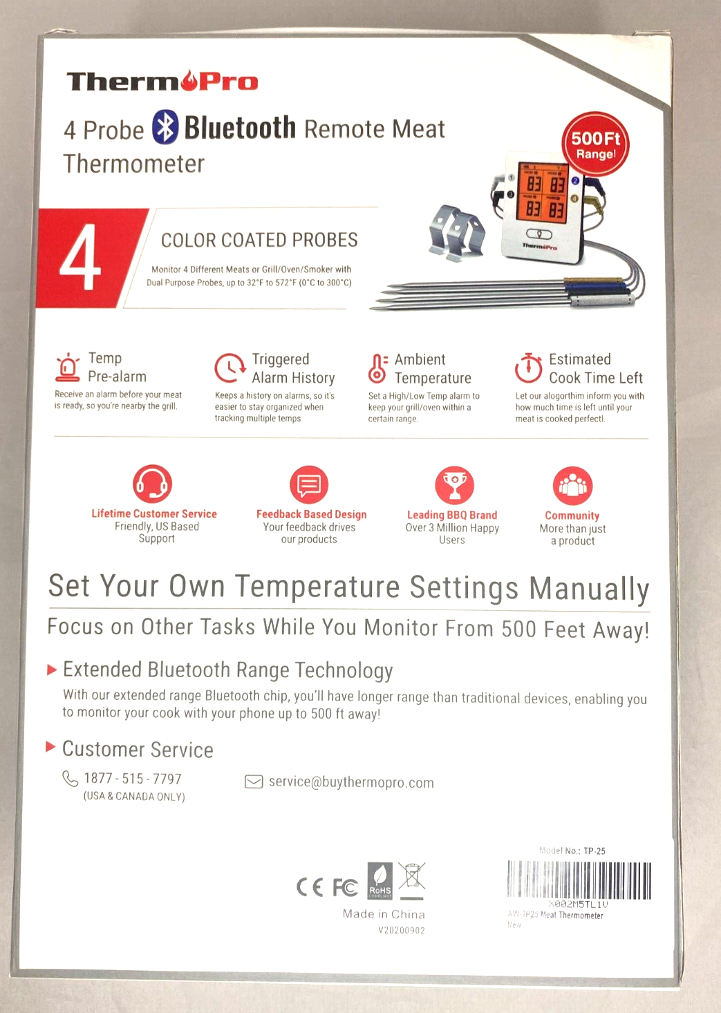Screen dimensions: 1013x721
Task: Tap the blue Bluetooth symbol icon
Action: [x=165, y=127]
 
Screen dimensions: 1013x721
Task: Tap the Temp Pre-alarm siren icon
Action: [x=68, y=367]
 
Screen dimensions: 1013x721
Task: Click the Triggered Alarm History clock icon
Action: [x=230, y=368]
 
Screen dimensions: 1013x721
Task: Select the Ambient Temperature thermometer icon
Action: [x=377, y=368]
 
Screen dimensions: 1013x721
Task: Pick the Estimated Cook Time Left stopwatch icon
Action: [x=528, y=368]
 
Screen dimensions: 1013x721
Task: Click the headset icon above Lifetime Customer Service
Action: [x=152, y=484]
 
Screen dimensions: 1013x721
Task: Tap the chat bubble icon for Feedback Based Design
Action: [x=309, y=485]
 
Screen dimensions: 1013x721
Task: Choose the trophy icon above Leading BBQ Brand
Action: [x=454, y=485]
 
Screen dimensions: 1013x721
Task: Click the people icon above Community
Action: [x=572, y=486]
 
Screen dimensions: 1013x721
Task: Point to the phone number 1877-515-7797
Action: [x=133, y=779]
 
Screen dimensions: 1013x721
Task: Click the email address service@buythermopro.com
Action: [x=351, y=782]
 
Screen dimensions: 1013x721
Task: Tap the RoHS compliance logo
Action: [x=380, y=882]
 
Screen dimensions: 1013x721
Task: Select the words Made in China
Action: [x=384, y=913]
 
